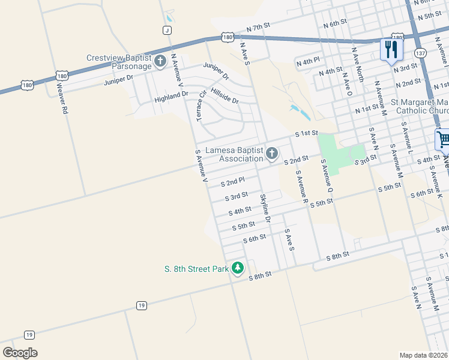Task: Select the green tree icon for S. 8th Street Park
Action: (238, 268)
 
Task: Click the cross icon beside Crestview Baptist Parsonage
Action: (160, 61)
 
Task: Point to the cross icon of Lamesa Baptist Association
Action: (271, 154)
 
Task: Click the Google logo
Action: (20, 353)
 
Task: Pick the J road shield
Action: (167, 30)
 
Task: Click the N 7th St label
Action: (259, 28)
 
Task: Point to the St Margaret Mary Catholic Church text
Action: (420, 106)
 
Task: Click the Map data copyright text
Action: (423, 355)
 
